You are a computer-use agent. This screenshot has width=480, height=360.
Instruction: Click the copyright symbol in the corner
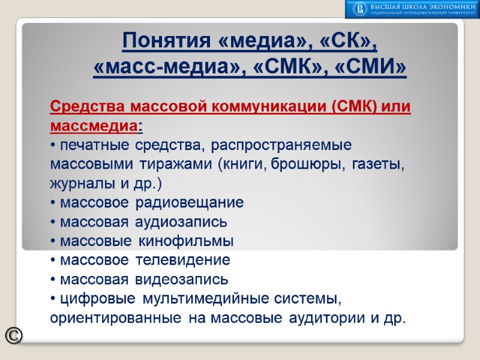coord(13,336)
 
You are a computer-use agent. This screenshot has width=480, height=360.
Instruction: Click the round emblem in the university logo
coord(360,8)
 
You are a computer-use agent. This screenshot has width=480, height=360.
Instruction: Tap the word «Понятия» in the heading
coord(161,42)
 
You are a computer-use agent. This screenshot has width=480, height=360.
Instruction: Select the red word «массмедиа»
coord(93,127)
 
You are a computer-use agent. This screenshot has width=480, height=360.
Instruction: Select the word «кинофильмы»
coord(186,241)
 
